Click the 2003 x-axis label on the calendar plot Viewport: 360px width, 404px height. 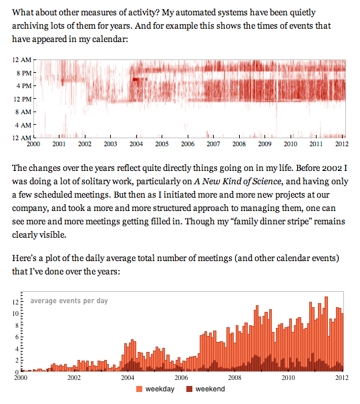click(x=110, y=144)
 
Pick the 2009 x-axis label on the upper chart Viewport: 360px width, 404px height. click(x=264, y=144)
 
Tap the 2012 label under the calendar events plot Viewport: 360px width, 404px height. click(x=341, y=144)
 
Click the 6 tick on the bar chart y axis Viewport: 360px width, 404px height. click(x=17, y=337)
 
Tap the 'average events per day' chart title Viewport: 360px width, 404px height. click(x=69, y=300)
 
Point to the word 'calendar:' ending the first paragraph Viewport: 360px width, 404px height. click(x=106, y=40)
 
